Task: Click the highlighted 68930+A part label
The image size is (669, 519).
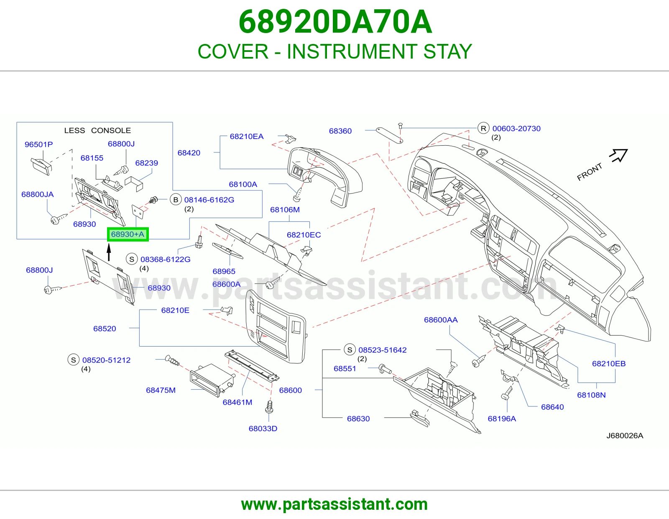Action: pyautogui.click(x=128, y=234)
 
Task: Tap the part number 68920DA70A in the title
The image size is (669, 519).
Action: pyautogui.click(x=335, y=22)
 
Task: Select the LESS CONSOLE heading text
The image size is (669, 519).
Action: pyautogui.click(x=97, y=130)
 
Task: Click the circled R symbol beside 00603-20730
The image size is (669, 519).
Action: pyautogui.click(x=483, y=128)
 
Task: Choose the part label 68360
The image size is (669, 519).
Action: pyautogui.click(x=340, y=131)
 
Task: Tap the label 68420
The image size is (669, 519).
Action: pyautogui.click(x=189, y=153)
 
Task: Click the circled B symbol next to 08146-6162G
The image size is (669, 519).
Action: pyautogui.click(x=176, y=200)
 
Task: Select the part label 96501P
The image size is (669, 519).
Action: pyautogui.click(x=39, y=144)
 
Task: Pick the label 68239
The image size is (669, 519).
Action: pyautogui.click(x=146, y=163)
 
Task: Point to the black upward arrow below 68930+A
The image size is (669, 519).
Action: pyautogui.click(x=109, y=252)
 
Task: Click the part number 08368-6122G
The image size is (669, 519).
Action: pyautogui.click(x=165, y=259)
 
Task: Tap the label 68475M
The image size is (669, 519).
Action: pyautogui.click(x=161, y=390)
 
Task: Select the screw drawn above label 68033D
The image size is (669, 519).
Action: pyautogui.click(x=269, y=407)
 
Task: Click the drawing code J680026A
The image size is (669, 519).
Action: pyautogui.click(x=625, y=436)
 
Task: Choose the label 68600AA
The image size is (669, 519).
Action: pyautogui.click(x=441, y=320)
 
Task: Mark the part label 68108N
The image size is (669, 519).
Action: pyautogui.click(x=591, y=395)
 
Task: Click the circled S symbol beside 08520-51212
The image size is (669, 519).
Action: pyautogui.click(x=73, y=360)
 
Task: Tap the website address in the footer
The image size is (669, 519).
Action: pyautogui.click(x=334, y=504)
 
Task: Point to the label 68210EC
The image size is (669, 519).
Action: pyautogui.click(x=304, y=235)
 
